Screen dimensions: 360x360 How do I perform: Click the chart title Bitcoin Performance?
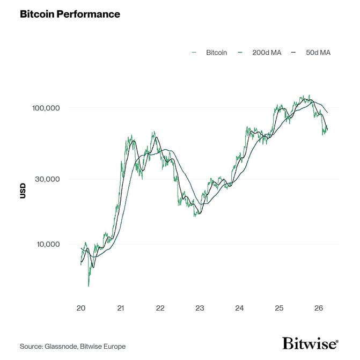[x=70, y=14]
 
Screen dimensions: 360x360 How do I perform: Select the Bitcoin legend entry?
[x=216, y=53]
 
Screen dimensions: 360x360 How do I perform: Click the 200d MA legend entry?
[x=266, y=53]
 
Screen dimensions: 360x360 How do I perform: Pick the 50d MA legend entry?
[x=318, y=53]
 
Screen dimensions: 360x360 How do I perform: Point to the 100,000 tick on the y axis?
[x=45, y=108]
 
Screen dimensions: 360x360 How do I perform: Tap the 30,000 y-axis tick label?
[x=47, y=179]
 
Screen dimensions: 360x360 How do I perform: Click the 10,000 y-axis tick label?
[x=47, y=244]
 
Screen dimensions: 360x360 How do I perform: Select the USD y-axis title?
[x=23, y=191]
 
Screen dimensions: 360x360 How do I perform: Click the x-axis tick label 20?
[x=81, y=308]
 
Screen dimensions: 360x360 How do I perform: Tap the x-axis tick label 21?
[x=121, y=308]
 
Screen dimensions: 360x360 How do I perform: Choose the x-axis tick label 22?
[x=160, y=308]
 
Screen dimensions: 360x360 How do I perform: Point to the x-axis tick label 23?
[x=200, y=308]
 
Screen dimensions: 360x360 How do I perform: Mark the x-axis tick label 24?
[x=239, y=308]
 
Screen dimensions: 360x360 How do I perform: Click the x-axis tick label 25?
[x=279, y=308]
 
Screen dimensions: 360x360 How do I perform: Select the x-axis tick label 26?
[x=319, y=308]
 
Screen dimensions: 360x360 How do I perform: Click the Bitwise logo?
[x=310, y=343]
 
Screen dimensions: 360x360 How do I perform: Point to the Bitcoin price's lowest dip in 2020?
[x=89, y=285]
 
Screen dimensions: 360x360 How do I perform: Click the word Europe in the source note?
[x=115, y=346]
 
